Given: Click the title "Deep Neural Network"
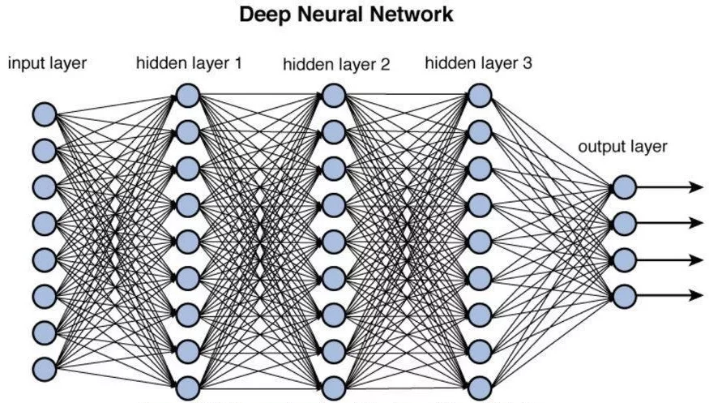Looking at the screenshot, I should pos(355,15).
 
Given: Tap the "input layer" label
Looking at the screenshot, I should pos(48,63).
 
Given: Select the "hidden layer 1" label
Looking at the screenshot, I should pos(188,62).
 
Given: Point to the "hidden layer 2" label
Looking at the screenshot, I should pos(335,64).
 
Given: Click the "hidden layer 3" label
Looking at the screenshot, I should pos(478,62).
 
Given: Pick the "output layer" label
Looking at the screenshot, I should pos(622,147).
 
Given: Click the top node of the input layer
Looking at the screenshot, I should pos(44,114).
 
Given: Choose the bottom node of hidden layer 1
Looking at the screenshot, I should pos(187,387).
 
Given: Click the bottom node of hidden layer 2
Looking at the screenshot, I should pos(333,387).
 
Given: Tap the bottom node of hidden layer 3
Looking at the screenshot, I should pos(479,387).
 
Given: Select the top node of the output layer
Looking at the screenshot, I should pos(623,187).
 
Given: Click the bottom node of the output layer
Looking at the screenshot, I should pos(623,295).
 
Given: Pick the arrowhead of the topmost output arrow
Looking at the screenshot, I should pos(696,187).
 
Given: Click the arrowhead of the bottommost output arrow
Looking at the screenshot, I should pos(696,295).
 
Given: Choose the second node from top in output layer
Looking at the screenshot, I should pos(623,223).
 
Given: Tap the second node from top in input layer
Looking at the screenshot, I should pos(44,150).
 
